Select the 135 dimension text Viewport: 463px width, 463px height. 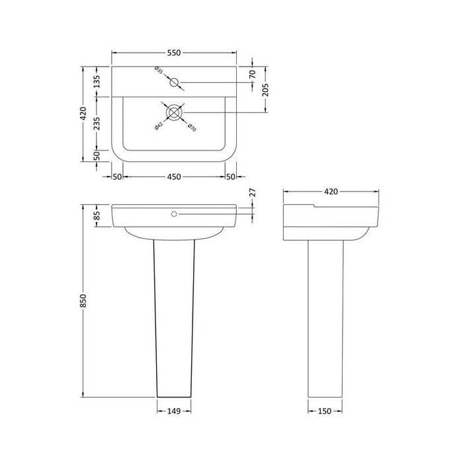click(97, 82)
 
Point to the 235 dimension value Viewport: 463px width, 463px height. click(97, 123)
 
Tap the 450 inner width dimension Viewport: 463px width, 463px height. click(173, 177)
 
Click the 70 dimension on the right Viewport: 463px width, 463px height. click(251, 75)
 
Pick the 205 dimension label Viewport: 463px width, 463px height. click(265, 89)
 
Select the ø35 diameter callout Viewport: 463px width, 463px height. click(159, 70)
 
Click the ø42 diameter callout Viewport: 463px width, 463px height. click(159, 125)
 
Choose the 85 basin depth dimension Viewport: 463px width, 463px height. click(97, 215)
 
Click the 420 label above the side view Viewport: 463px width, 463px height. click(331, 192)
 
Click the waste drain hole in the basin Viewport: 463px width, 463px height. click(174, 112)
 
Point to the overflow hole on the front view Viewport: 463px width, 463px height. click(175, 214)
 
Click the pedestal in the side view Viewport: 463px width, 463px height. click(325, 317)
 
